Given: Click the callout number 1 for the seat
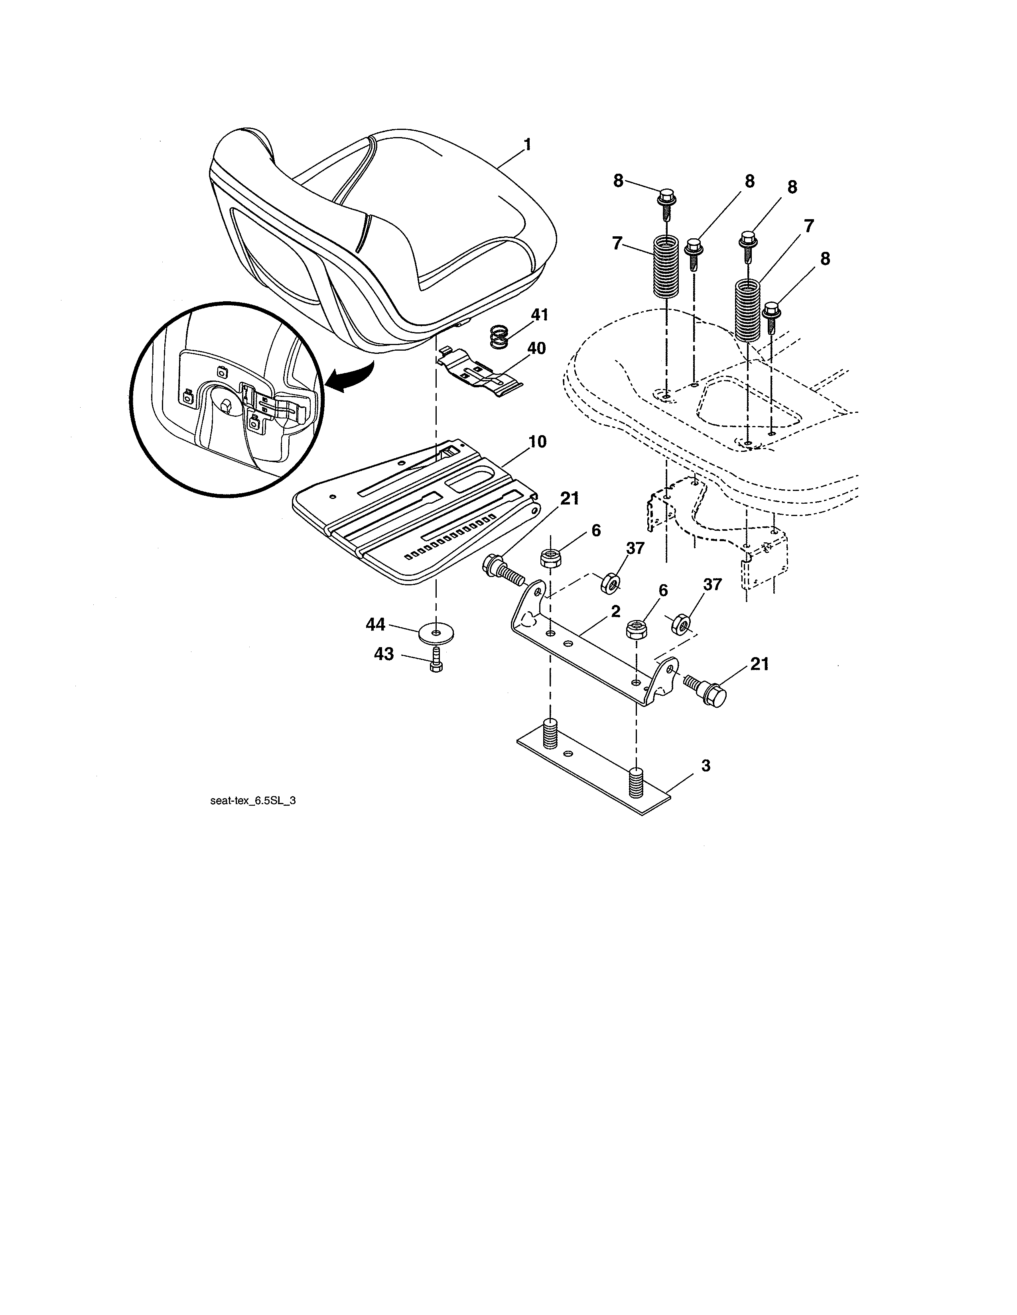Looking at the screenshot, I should (528, 145).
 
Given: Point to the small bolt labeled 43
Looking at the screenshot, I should (437, 661).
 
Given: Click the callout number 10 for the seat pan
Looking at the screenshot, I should (538, 442).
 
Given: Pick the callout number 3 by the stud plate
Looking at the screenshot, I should (706, 766).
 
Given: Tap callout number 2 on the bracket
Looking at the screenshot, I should (615, 611).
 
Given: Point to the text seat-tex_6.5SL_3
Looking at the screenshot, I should (253, 801).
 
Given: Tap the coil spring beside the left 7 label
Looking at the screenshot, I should (666, 266).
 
